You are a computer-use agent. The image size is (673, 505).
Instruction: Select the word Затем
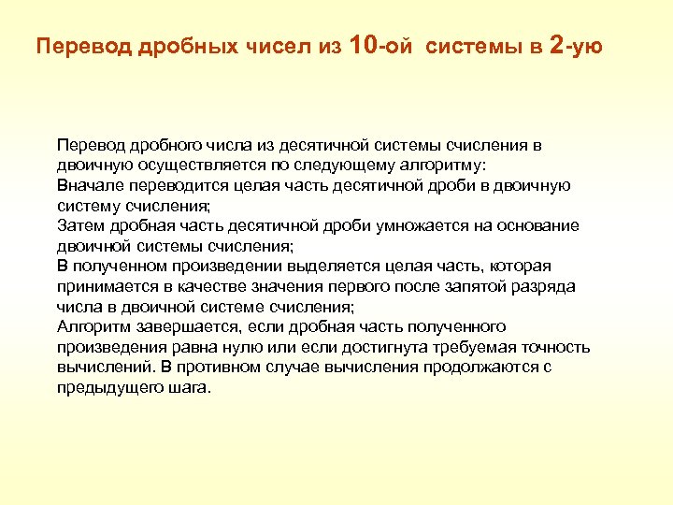77,225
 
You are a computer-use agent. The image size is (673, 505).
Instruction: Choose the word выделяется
298,266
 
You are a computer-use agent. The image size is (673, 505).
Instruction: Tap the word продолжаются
478,367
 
